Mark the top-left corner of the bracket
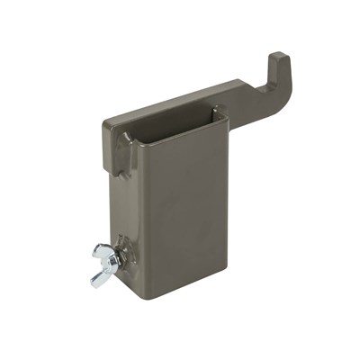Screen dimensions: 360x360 coord(106,121)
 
